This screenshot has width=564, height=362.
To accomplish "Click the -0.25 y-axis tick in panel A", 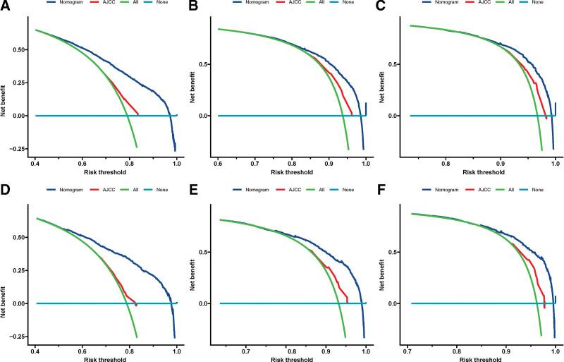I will (16, 148).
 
